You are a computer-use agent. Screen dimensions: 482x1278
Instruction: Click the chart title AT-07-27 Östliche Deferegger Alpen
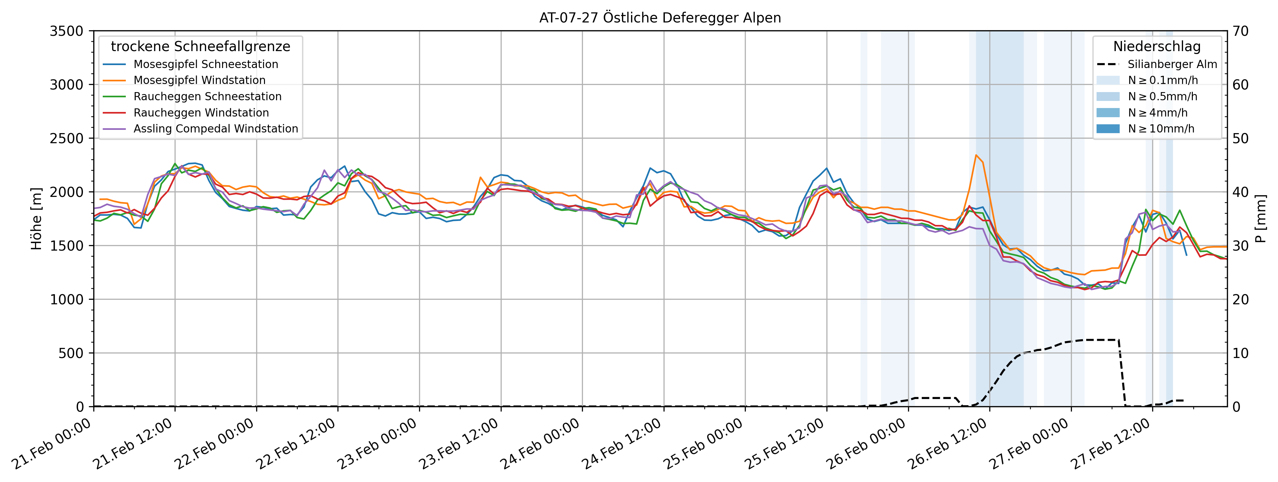[x=660, y=18]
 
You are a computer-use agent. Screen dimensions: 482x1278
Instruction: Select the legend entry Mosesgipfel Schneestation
[x=205, y=64]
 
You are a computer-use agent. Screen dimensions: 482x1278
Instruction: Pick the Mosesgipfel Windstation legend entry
[x=199, y=80]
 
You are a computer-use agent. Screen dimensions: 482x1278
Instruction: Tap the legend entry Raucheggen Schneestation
[x=207, y=96]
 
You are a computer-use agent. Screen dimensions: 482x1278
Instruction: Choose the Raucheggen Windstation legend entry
[x=201, y=113]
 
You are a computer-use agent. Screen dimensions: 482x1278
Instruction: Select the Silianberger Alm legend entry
[x=1172, y=64]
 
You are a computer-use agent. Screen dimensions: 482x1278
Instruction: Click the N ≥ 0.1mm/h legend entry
[x=1162, y=80]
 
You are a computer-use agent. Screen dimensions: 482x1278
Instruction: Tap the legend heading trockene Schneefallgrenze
[x=201, y=47]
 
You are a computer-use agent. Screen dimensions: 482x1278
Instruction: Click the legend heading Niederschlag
[x=1157, y=47]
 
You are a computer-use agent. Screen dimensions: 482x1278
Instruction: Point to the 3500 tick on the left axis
[x=66, y=31]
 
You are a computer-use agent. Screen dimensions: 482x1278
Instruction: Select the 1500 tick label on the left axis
[x=66, y=246]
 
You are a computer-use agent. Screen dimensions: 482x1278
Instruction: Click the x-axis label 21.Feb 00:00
[x=52, y=444]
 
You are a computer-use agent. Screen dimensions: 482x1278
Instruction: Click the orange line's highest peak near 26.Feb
[x=976, y=155]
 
